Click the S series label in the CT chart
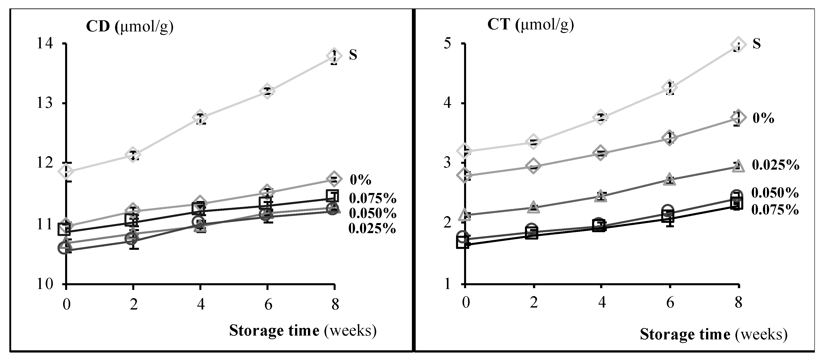tap(756, 43)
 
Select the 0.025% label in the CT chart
tap(775, 165)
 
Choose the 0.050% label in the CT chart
tap(775, 193)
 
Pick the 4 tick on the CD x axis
tap(200, 304)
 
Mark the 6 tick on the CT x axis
tap(670, 302)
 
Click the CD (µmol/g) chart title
tap(130, 27)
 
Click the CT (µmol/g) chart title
tap(530, 24)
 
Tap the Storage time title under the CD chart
tap(303, 331)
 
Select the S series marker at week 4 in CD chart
tap(200, 118)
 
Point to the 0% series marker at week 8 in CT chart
tap(738, 118)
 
